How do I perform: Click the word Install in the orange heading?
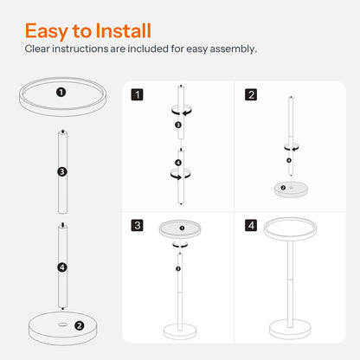(124, 30)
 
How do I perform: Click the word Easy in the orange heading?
(47, 31)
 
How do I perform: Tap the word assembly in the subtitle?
(233, 49)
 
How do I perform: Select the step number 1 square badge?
(137, 94)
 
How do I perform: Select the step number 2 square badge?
(251, 94)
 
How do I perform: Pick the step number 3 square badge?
(137, 225)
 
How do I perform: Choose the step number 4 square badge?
(251, 225)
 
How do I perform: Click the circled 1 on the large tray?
(61, 93)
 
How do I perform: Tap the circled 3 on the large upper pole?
(62, 172)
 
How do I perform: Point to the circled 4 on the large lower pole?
(62, 267)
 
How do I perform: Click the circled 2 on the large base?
(79, 325)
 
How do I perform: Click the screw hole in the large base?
(62, 325)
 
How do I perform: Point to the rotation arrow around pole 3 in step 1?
(182, 111)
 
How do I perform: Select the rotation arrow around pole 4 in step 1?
(180, 175)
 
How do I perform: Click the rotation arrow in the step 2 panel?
(292, 147)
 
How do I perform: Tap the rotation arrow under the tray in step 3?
(180, 245)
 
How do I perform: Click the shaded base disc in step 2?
(291, 190)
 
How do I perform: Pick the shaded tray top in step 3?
(180, 229)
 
